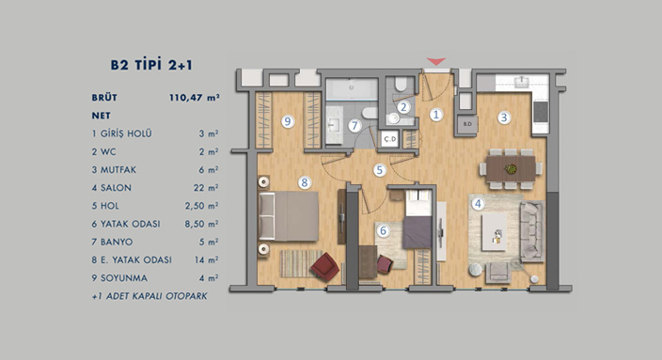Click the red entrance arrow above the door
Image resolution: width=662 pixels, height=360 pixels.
point(436,62)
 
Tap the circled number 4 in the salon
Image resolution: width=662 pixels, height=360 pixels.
point(478,204)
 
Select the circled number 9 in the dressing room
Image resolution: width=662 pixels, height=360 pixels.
point(288,121)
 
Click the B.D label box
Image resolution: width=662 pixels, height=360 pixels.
point(467,124)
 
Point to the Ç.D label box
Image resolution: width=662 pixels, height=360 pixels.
point(389,139)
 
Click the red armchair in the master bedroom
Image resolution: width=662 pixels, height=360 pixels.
point(324,266)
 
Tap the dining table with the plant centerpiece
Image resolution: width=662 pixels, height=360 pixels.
point(511,169)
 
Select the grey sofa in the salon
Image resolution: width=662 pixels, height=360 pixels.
point(531,231)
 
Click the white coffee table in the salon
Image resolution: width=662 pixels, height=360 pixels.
point(494,232)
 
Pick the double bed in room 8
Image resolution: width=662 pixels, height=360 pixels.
point(289,216)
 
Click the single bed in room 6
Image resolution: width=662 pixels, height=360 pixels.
point(418,219)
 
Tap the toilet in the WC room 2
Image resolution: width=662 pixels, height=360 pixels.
point(401,84)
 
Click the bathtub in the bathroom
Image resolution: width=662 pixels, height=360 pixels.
point(352,88)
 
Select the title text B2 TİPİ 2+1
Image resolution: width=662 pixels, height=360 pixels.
point(151,65)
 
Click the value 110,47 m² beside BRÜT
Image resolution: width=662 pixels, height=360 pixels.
point(195,98)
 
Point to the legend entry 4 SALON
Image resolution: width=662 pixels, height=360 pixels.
point(112,188)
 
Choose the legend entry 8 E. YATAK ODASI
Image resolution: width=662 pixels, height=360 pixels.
point(132,260)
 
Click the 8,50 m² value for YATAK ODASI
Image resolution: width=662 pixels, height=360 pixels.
point(201,224)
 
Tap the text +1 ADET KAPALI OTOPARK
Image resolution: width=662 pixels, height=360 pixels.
point(150,296)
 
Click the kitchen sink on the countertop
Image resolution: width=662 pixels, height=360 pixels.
point(522,81)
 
